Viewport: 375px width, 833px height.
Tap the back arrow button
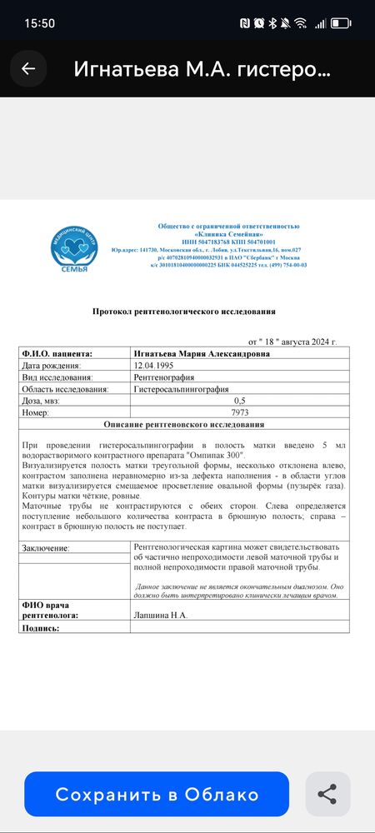click(28, 68)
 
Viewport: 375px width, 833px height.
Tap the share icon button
click(327, 794)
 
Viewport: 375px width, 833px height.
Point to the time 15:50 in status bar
click(39, 22)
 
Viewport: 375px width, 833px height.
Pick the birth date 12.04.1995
click(155, 365)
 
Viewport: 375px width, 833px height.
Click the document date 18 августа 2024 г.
click(292, 342)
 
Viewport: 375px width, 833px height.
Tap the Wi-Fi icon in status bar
click(300, 22)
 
